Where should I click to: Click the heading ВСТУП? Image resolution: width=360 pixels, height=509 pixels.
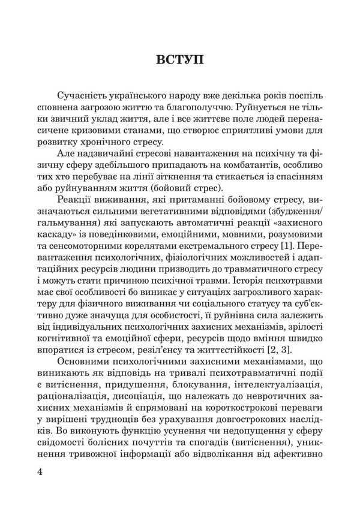pos(180,60)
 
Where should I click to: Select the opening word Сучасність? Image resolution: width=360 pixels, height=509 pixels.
pos(83,97)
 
